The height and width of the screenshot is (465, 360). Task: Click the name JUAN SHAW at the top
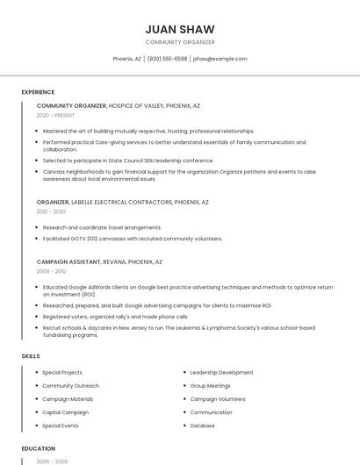179,29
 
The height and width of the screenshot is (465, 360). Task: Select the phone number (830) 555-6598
167,59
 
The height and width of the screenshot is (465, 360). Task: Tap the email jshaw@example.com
220,59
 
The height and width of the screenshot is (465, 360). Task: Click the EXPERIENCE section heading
38,92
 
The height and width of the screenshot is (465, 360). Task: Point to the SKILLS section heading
31,356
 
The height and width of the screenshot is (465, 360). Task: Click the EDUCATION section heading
38,448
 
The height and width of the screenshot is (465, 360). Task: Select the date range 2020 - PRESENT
56,115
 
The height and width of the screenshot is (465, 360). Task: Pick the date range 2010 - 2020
51,211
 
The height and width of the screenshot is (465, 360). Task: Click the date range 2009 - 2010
51,271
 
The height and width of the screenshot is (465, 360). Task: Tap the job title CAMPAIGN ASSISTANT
68,261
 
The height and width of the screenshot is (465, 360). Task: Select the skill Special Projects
62,373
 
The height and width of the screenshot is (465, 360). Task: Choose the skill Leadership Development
221,373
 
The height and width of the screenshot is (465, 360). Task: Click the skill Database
202,426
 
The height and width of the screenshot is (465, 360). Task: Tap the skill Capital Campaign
66,412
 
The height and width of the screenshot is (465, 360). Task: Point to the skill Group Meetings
210,386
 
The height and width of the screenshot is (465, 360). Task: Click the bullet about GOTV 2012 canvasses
133,239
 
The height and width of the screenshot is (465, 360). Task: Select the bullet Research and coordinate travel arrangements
102,227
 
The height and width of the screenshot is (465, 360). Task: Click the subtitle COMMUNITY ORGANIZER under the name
179,42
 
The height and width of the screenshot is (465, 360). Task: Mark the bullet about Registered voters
115,317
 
